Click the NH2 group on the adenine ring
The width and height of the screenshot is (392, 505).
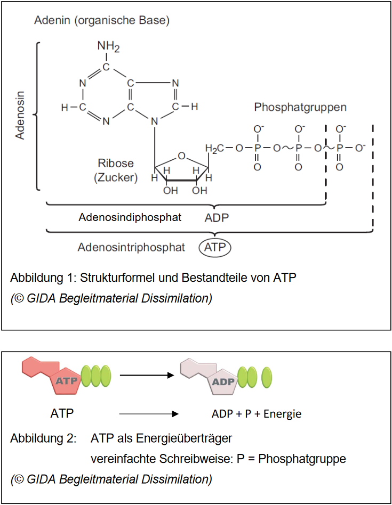pyautogui.click(x=108, y=47)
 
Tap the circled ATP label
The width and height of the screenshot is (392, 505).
pyautogui.click(x=215, y=247)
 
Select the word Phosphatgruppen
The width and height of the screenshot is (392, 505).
pyautogui.click(x=300, y=107)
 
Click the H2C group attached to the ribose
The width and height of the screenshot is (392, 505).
pyautogui.click(x=215, y=147)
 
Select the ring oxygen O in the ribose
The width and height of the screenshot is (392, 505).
pyautogui.click(x=181, y=156)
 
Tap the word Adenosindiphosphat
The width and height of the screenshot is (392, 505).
pyautogui.click(x=130, y=217)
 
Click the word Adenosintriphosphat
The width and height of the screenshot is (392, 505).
pyautogui.click(x=131, y=247)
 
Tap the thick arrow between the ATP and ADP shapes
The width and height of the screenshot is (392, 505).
pyautogui.click(x=147, y=376)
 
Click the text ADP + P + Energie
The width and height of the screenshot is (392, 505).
pyautogui.click(x=257, y=413)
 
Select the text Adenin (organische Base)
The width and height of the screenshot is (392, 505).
pyautogui.click(x=101, y=21)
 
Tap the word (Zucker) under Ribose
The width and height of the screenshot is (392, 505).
pyautogui.click(x=116, y=178)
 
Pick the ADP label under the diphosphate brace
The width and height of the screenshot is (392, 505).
pyautogui.click(x=215, y=218)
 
